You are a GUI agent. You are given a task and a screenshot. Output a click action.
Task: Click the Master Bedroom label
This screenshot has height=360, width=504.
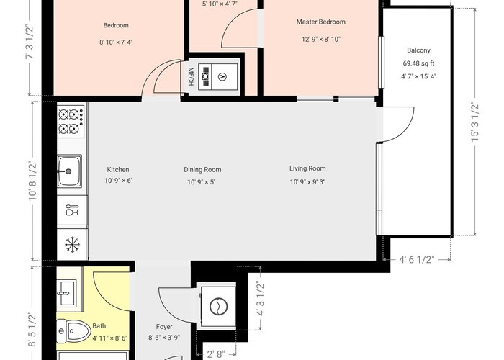(x=321, y=22)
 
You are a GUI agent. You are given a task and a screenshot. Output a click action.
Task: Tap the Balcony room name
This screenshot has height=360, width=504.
(x=418, y=50)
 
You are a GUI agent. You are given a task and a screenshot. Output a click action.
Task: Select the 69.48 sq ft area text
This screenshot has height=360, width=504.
(x=418, y=63)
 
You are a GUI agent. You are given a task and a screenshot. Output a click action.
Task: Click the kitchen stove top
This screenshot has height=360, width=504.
(x=71, y=120)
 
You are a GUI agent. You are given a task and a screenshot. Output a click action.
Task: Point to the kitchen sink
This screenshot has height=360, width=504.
(x=69, y=171)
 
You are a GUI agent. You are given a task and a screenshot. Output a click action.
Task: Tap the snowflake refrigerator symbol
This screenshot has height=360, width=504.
(x=72, y=245)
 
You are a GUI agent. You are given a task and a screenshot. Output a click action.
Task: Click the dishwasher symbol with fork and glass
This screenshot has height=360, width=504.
(x=72, y=210)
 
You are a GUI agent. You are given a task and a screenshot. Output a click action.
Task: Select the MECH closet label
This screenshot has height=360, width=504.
(x=191, y=76)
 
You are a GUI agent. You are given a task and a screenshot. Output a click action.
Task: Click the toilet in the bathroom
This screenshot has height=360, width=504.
(x=73, y=330)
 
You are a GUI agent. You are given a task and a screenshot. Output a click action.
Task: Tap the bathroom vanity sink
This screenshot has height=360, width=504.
(x=67, y=293)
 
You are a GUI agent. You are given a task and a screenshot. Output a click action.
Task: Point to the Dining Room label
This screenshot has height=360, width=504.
(x=202, y=169)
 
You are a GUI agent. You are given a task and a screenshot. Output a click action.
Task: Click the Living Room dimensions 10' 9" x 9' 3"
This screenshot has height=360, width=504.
(x=308, y=182)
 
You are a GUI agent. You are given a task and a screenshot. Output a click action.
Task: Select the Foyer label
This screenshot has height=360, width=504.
(x=164, y=327)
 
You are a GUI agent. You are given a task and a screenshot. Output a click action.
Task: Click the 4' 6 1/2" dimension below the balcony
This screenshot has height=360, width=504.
(x=417, y=259)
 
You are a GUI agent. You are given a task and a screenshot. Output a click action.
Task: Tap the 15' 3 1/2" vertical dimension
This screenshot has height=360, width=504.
(x=475, y=122)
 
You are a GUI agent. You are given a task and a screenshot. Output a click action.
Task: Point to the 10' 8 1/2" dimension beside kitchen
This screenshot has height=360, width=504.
(x=32, y=181)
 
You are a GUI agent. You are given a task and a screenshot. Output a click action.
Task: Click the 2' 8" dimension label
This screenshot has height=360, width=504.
(x=216, y=354)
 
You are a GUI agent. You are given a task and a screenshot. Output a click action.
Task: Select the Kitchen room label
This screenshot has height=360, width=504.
(x=118, y=169)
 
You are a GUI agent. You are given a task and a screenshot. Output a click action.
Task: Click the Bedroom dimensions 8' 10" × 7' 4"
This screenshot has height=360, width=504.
(x=116, y=42)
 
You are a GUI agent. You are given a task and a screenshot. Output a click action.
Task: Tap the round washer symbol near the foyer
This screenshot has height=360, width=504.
(x=219, y=306)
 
